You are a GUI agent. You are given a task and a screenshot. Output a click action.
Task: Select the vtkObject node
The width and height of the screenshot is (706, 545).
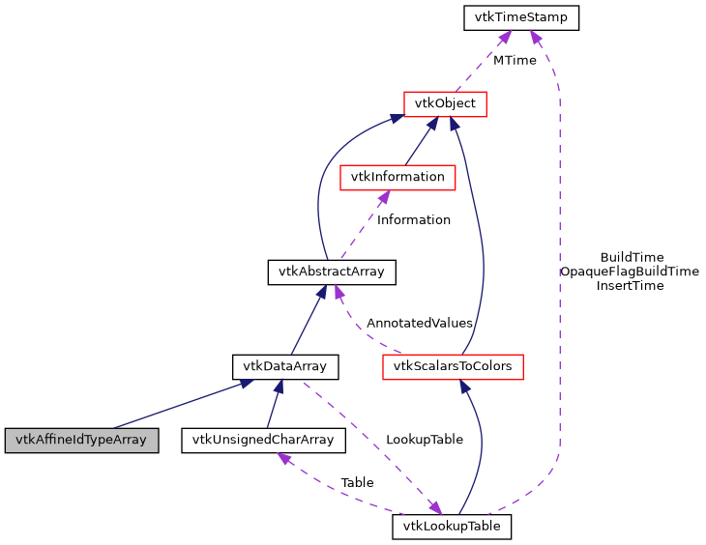pos(444,103)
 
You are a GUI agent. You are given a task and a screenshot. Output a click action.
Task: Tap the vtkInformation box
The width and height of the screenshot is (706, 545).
pos(397,177)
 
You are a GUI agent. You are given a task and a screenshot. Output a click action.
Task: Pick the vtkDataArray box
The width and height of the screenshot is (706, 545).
pos(285,366)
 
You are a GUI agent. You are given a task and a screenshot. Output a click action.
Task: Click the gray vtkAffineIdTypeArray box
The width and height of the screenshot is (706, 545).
pos(80,439)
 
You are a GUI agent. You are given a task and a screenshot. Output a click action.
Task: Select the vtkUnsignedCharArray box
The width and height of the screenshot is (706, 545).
pos(263,439)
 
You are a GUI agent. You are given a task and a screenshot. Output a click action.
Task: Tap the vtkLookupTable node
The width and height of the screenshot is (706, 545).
pos(452,527)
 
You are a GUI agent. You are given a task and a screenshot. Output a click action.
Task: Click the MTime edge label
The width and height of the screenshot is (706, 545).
pos(515,60)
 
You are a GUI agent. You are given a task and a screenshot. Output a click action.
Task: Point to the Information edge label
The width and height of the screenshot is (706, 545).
pos(414,219)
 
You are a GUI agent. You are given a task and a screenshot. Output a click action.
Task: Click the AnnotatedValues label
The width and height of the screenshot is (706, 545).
pos(420,323)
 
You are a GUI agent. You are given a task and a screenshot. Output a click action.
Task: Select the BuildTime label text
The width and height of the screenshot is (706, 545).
pos(632,257)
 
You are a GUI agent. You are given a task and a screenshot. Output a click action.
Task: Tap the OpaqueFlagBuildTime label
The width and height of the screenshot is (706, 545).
pos(630,272)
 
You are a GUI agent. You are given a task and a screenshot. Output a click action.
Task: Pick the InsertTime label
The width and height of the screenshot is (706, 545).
pos(630,285)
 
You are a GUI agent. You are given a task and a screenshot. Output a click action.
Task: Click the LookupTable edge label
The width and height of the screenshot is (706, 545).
pos(424,439)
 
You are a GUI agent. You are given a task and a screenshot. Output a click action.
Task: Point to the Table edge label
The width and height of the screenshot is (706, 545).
pos(357,482)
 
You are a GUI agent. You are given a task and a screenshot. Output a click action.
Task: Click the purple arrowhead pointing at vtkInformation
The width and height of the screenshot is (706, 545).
pos(383,196)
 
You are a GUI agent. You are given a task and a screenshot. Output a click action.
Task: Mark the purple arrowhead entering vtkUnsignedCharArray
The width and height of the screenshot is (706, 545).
pos(285,458)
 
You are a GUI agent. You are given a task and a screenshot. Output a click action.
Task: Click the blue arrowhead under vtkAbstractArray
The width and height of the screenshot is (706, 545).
pos(321,292)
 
